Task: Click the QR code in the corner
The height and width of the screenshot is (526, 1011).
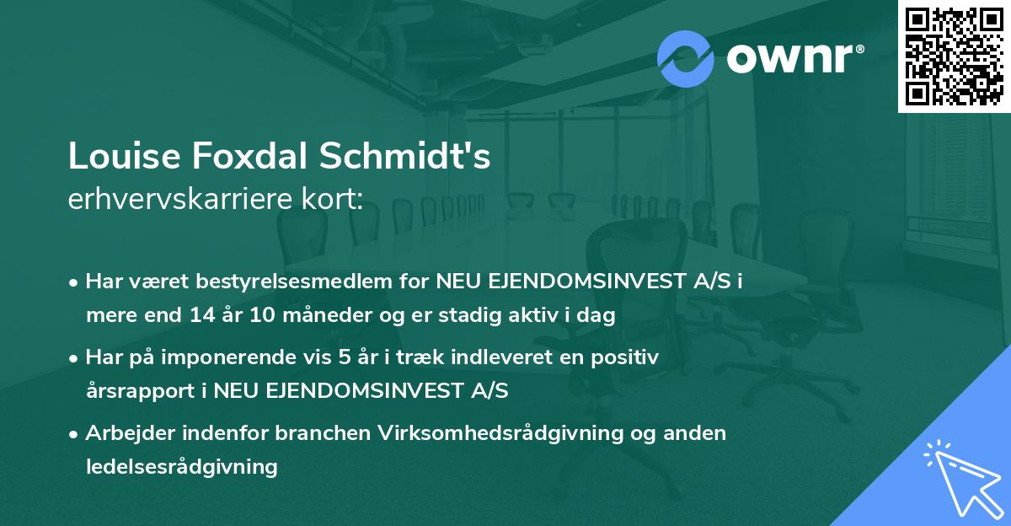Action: click(x=954, y=56)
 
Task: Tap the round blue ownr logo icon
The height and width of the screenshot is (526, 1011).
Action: click(x=686, y=58)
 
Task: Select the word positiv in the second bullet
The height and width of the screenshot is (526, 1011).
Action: click(x=628, y=357)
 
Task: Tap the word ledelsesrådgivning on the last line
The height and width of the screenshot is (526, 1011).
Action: click(x=181, y=466)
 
